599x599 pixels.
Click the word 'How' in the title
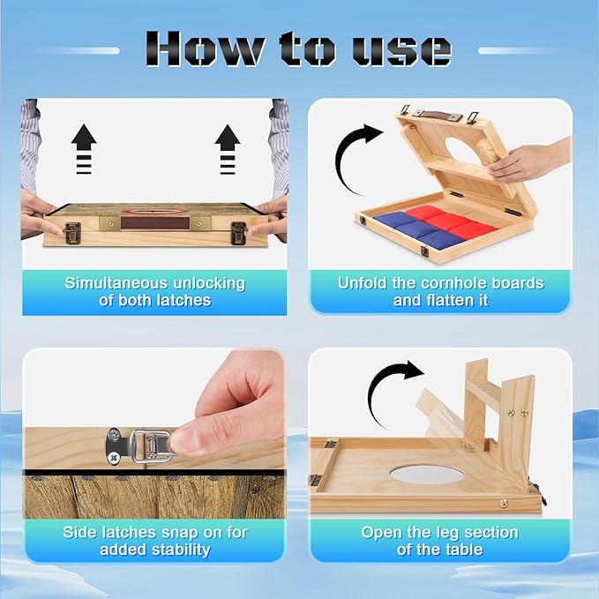tap(204, 49)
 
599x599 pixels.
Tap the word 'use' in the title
tap(401, 50)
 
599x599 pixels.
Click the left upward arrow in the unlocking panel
tap(84, 149)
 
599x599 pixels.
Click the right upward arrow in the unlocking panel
tap(228, 149)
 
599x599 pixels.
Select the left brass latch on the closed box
tap(71, 233)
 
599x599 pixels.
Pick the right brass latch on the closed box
tap(238, 233)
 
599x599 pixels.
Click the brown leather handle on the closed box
tap(155, 223)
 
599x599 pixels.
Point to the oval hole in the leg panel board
tap(427, 474)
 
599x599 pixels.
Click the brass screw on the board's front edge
tap(503, 504)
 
